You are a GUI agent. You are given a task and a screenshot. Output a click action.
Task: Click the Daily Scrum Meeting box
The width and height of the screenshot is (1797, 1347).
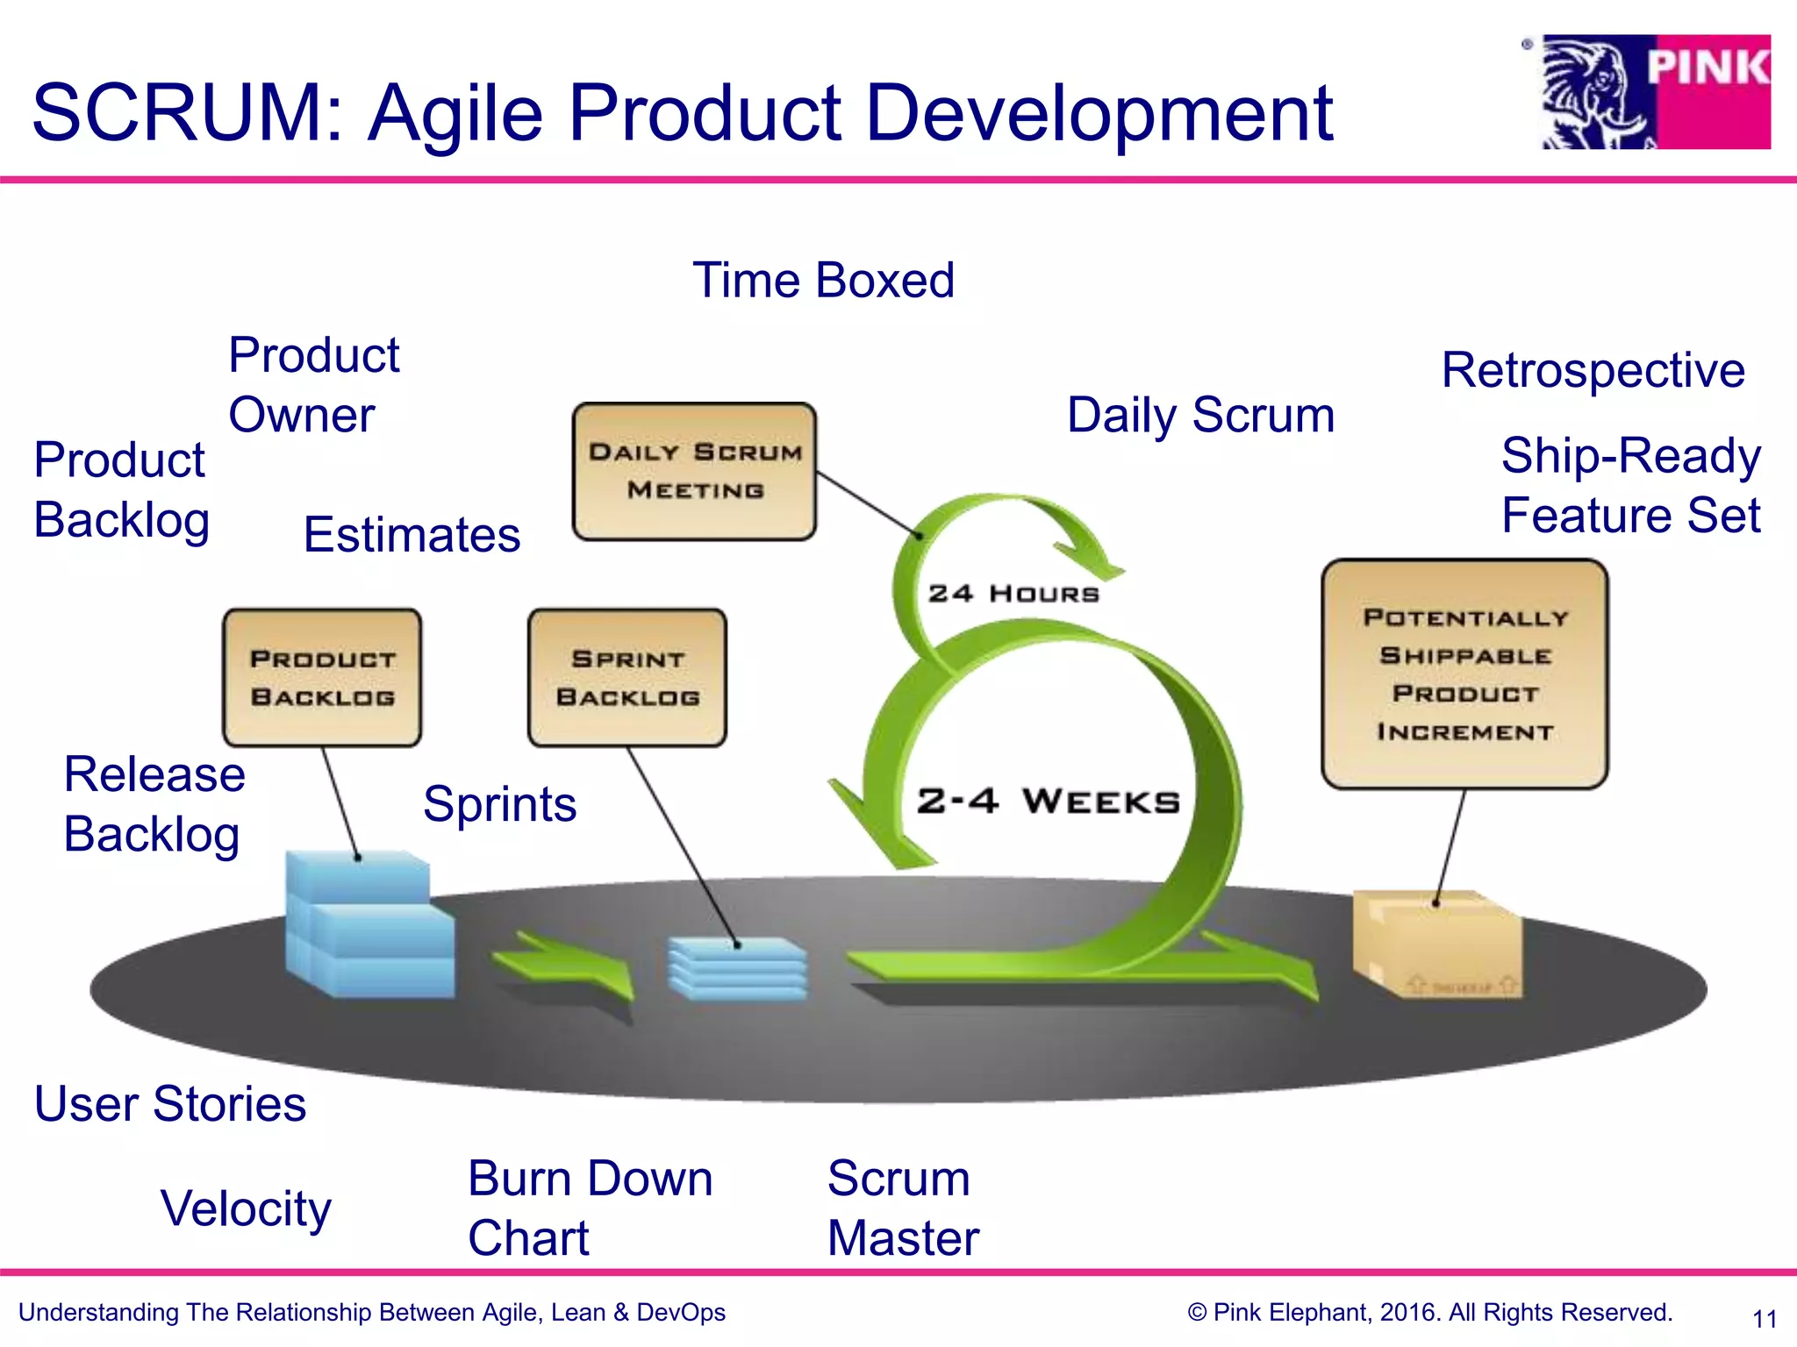click(694, 471)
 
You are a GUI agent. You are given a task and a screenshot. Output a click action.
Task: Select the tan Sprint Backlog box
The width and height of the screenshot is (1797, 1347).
click(627, 678)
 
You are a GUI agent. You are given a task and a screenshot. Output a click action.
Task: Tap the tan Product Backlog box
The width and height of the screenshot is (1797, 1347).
click(322, 678)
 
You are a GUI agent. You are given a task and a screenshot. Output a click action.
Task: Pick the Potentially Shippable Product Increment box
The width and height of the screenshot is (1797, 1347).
click(1464, 673)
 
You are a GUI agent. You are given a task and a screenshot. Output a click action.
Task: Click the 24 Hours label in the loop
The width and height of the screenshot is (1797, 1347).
click(1013, 594)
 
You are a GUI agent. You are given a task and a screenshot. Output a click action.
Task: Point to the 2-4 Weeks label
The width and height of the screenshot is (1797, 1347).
click(1049, 801)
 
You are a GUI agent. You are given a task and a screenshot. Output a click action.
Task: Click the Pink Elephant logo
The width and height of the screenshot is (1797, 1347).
click(1656, 92)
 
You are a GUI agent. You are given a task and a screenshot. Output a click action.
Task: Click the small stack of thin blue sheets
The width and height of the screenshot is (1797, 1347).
click(737, 968)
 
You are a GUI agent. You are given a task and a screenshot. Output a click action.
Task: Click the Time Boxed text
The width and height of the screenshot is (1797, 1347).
click(823, 281)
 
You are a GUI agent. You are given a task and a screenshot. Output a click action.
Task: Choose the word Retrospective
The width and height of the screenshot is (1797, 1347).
click(1593, 370)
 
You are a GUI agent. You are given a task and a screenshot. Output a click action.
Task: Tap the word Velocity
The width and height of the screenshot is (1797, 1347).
click(246, 1208)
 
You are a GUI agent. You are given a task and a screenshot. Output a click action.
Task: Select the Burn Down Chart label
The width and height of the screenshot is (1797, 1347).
click(590, 1208)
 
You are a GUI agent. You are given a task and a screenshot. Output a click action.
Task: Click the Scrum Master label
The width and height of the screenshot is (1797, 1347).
click(902, 1208)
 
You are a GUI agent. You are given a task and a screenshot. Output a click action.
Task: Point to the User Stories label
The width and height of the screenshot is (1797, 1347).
click(170, 1103)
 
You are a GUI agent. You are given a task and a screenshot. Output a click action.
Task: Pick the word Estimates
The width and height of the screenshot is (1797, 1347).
click(412, 535)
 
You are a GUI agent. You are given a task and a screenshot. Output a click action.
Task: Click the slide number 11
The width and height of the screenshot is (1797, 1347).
click(1764, 1318)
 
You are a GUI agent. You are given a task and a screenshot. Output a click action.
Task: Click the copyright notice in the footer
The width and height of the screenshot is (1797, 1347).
click(1429, 1313)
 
